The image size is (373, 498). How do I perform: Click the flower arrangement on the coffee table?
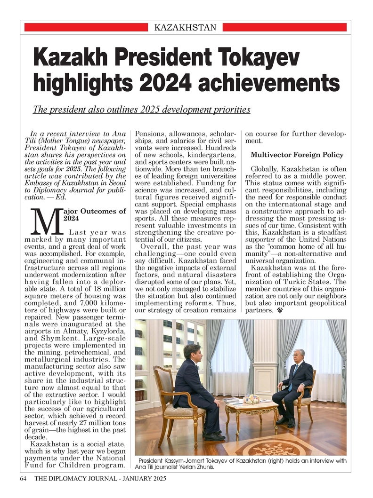251,399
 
